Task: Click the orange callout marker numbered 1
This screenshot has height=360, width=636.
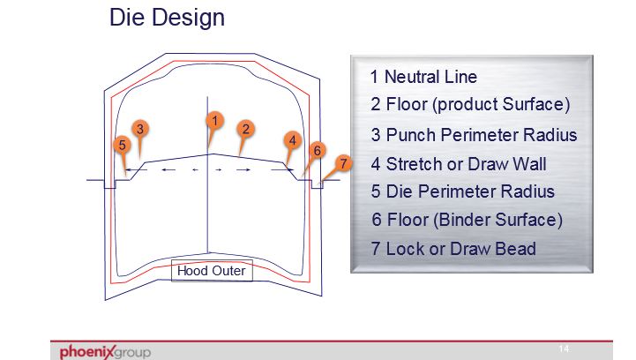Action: coord(214,121)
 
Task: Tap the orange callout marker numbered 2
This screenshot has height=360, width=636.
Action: coord(245,130)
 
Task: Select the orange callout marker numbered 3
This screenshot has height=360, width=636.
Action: coord(140,129)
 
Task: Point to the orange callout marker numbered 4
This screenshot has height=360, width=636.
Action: coord(293,141)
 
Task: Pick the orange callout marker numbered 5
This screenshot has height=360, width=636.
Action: coord(122,146)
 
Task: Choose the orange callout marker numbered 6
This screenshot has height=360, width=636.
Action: coord(318,151)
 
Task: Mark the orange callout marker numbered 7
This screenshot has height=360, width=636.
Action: coord(343,163)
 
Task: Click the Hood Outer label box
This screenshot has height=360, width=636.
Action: coord(212,271)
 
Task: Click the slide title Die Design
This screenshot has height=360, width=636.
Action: coord(167,18)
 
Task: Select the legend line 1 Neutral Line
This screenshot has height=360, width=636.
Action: coord(423,77)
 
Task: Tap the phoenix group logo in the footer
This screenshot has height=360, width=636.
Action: coord(106,352)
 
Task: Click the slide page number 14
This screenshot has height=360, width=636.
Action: coord(564,349)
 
